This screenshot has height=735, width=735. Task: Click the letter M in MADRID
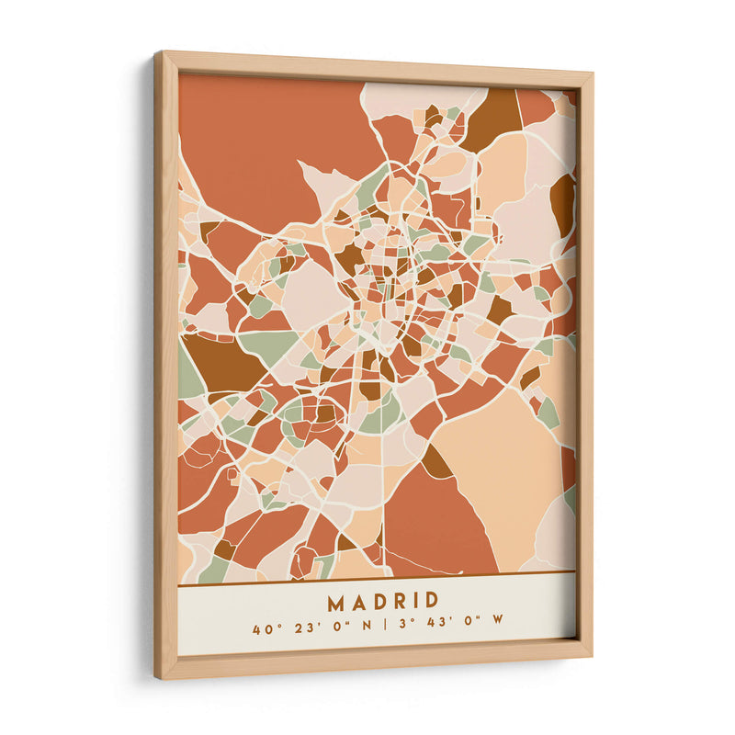(x=335, y=601)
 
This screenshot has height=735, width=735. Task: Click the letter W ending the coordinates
(x=497, y=618)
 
